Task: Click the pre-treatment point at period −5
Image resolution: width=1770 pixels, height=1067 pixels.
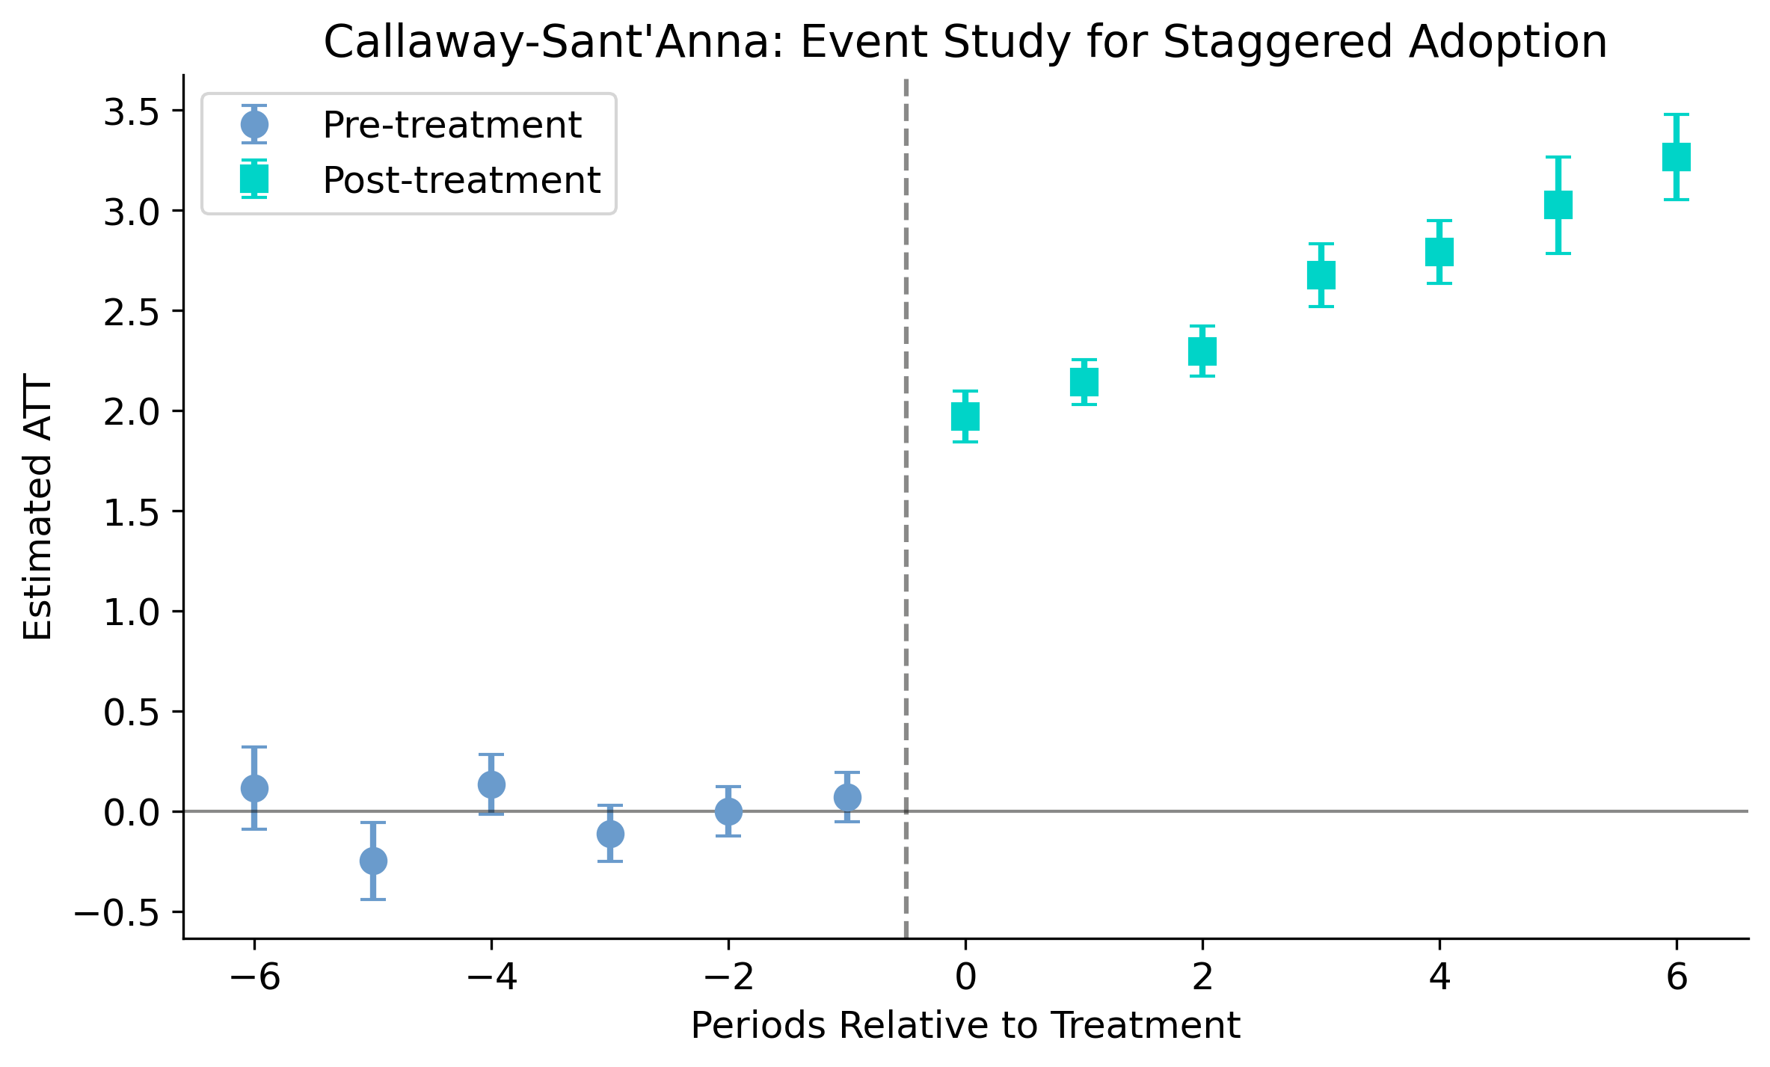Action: pos(373,861)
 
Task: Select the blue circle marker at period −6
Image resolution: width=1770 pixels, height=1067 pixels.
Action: pos(254,788)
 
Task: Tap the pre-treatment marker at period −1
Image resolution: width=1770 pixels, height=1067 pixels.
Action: pos(847,797)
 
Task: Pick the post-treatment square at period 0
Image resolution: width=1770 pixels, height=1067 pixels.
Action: pos(965,416)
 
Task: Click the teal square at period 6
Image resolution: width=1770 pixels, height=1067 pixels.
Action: pos(1677,157)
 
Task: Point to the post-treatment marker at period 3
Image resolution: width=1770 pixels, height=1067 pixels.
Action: pos(1321,275)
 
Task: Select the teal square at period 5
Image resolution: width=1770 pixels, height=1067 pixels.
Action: pos(1558,205)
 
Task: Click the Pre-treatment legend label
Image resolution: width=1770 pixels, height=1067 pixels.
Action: pos(452,125)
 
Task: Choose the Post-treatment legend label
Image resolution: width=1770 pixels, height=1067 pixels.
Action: pos(461,180)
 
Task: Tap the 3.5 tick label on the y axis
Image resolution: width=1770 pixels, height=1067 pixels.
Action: pos(132,111)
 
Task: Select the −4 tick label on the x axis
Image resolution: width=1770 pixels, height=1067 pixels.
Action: pos(491,977)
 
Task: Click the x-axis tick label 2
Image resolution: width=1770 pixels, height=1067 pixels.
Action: pos(1202,977)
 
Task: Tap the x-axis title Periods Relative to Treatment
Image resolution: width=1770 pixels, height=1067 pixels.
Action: pos(965,1025)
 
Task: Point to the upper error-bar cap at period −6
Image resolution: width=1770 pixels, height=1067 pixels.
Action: pos(254,747)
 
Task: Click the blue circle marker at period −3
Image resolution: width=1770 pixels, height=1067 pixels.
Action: pos(610,834)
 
